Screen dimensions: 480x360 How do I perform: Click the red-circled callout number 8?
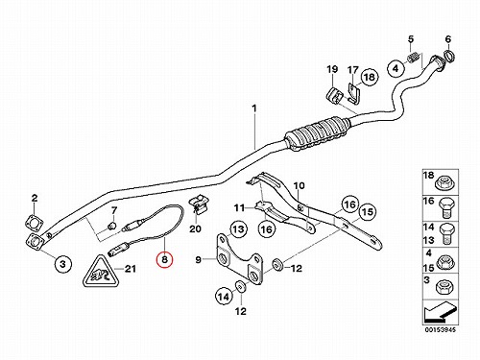pyautogui.click(x=164, y=259)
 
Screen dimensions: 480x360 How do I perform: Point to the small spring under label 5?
pyautogui.click(x=413, y=59)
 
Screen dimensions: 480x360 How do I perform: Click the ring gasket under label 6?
pyautogui.click(x=450, y=56)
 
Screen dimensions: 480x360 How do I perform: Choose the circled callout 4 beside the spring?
pyautogui.click(x=396, y=68)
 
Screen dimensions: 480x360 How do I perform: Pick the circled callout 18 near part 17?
pyautogui.click(x=369, y=77)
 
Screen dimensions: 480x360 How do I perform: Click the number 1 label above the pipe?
pyautogui.click(x=254, y=108)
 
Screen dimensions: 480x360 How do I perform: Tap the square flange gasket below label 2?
pyautogui.click(x=34, y=222)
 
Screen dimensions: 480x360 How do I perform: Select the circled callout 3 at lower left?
pyautogui.click(x=62, y=264)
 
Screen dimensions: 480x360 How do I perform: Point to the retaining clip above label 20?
pyautogui.click(x=199, y=204)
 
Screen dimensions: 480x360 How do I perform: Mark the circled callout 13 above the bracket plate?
pyautogui.click(x=238, y=229)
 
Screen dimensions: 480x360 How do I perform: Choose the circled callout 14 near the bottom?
pyautogui.click(x=224, y=297)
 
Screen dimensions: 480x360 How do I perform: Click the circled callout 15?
pyautogui.click(x=367, y=212)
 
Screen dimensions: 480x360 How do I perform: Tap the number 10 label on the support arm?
pyautogui.click(x=300, y=185)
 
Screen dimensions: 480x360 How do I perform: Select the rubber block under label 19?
pyautogui.click(x=335, y=95)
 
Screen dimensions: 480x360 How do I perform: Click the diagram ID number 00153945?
pyautogui.click(x=441, y=329)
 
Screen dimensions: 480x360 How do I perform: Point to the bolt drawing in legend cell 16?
pyautogui.click(x=446, y=208)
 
